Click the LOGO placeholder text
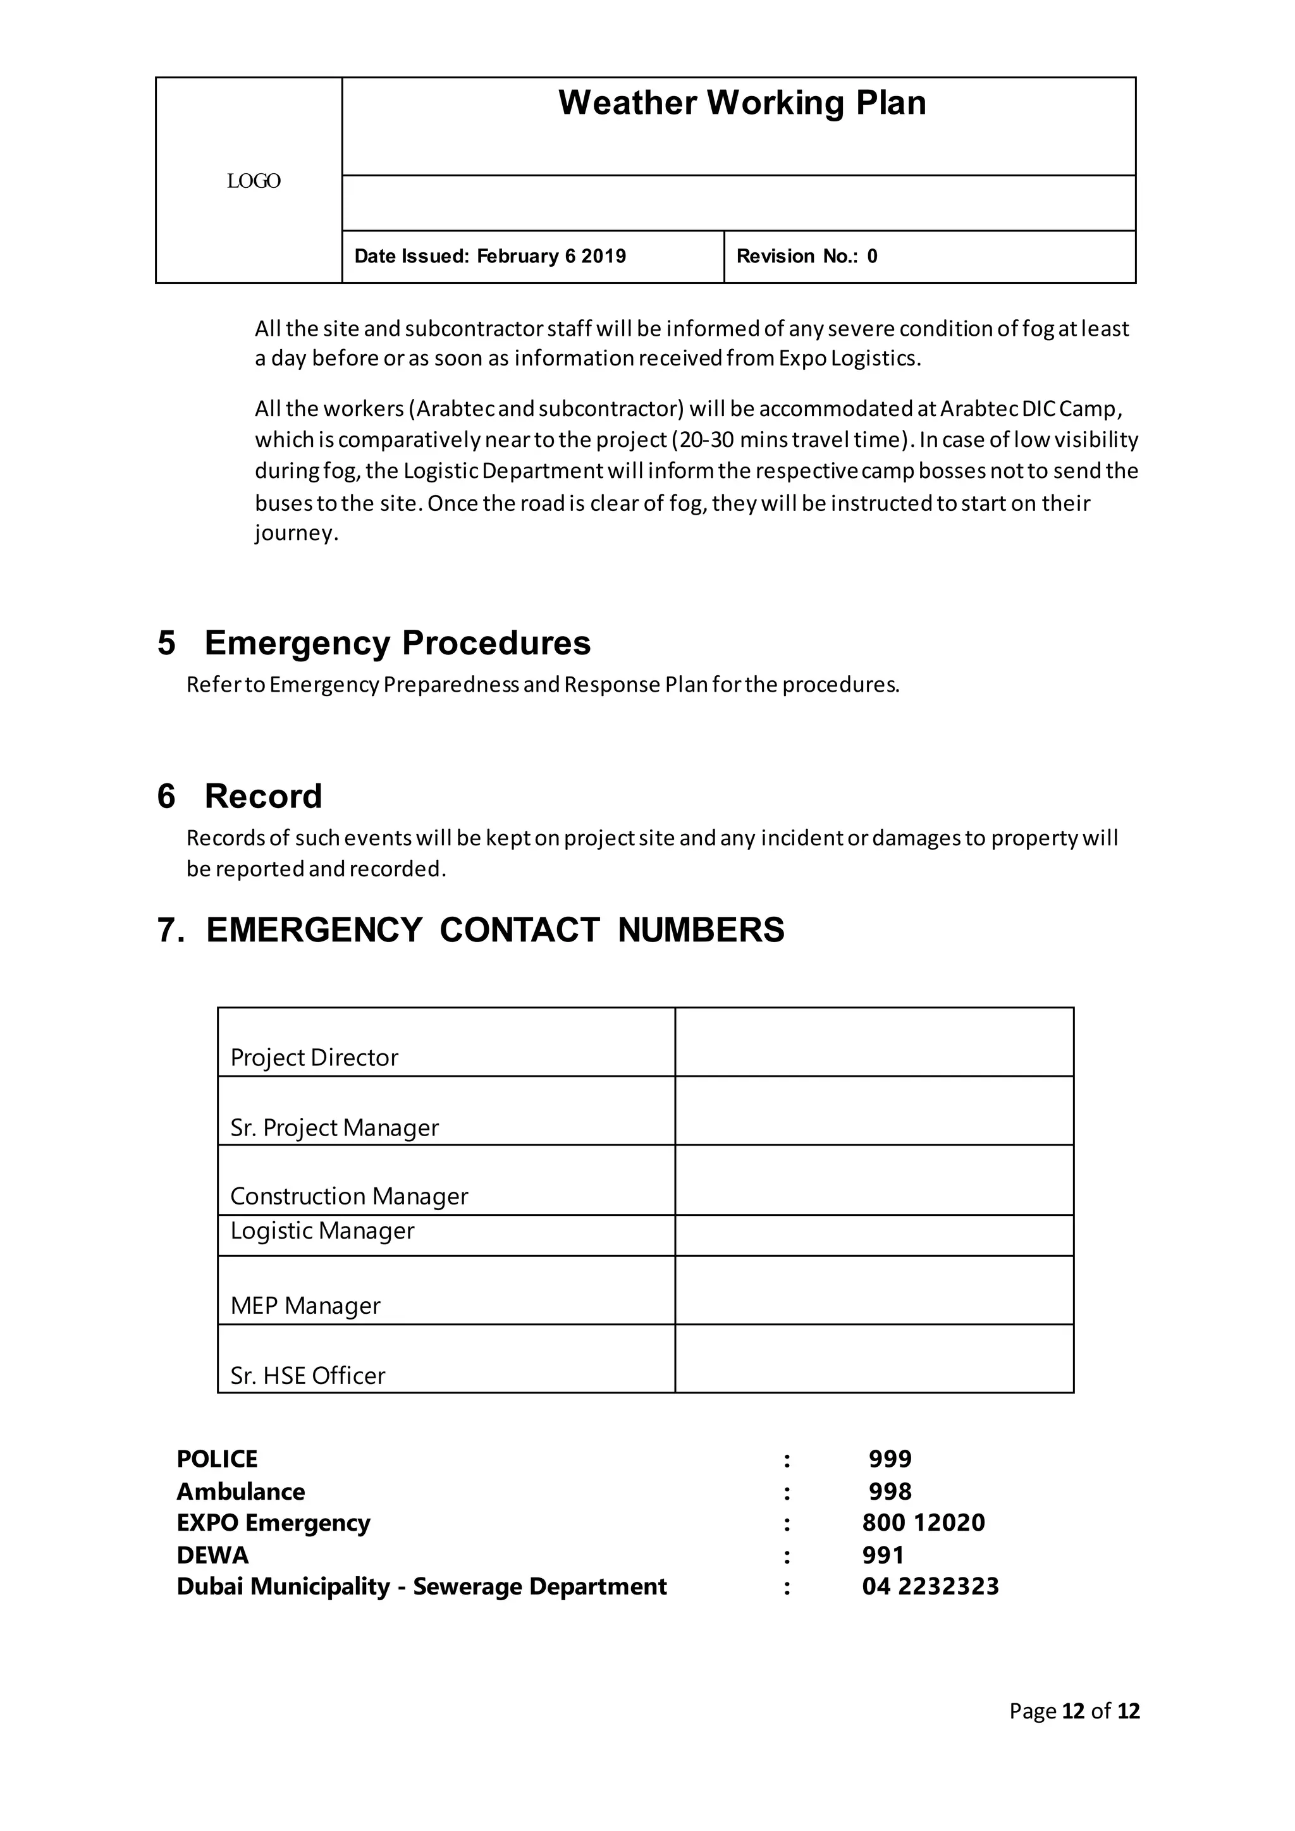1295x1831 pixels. (254, 181)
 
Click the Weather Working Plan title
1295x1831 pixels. (742, 103)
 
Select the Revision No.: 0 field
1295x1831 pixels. (806, 256)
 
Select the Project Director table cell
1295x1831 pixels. (314, 1058)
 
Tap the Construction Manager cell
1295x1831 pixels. (348, 1196)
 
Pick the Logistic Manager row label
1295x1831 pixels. (322, 1230)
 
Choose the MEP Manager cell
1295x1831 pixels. (305, 1306)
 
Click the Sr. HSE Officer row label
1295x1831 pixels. (307, 1375)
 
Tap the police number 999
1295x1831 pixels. (890, 1459)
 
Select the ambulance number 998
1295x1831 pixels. (890, 1491)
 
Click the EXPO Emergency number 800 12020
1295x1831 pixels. (923, 1522)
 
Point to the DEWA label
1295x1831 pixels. (212, 1555)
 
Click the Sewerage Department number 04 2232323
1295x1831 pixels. (930, 1586)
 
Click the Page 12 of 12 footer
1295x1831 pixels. (1074, 1711)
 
